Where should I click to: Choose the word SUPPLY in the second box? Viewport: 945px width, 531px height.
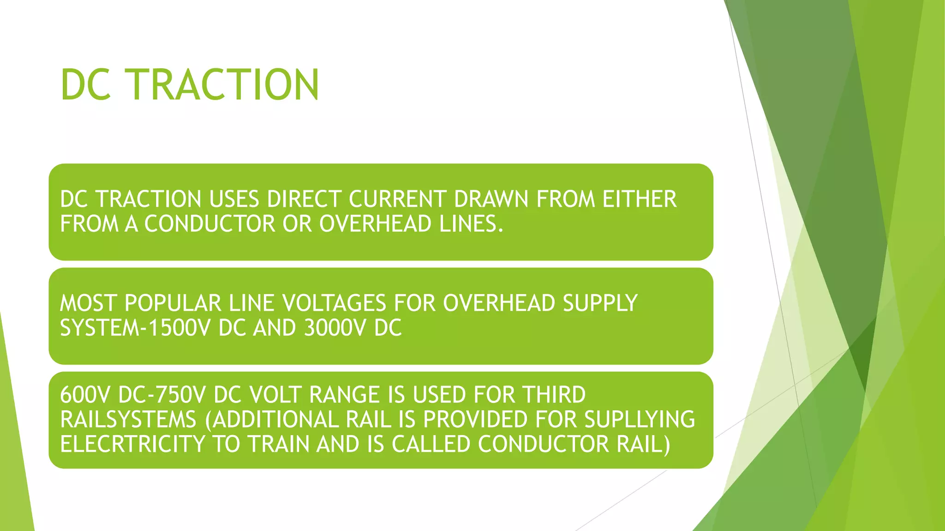[600, 303]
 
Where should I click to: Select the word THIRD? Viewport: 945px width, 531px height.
[553, 395]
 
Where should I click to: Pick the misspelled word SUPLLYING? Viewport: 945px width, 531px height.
[640, 419]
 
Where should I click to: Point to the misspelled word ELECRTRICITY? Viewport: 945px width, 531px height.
[132, 444]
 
